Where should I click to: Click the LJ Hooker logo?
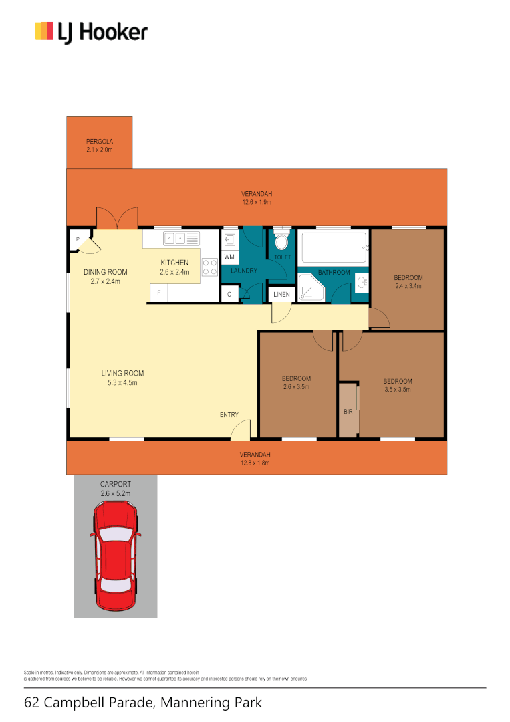tap(91, 31)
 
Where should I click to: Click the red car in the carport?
tap(116, 548)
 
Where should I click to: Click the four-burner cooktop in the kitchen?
tap(210, 267)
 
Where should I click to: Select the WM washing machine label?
tap(229, 257)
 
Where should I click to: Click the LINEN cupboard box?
tap(281, 294)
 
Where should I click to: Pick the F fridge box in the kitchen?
tap(158, 293)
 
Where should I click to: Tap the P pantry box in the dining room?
tap(78, 240)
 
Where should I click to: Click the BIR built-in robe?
tap(348, 411)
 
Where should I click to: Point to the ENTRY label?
tap(229, 415)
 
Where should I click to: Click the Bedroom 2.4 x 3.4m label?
tap(408, 281)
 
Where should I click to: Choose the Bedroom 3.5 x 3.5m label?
tap(397, 385)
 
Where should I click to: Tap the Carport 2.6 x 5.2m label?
tap(115, 488)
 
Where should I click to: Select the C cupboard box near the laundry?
tap(229, 294)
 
